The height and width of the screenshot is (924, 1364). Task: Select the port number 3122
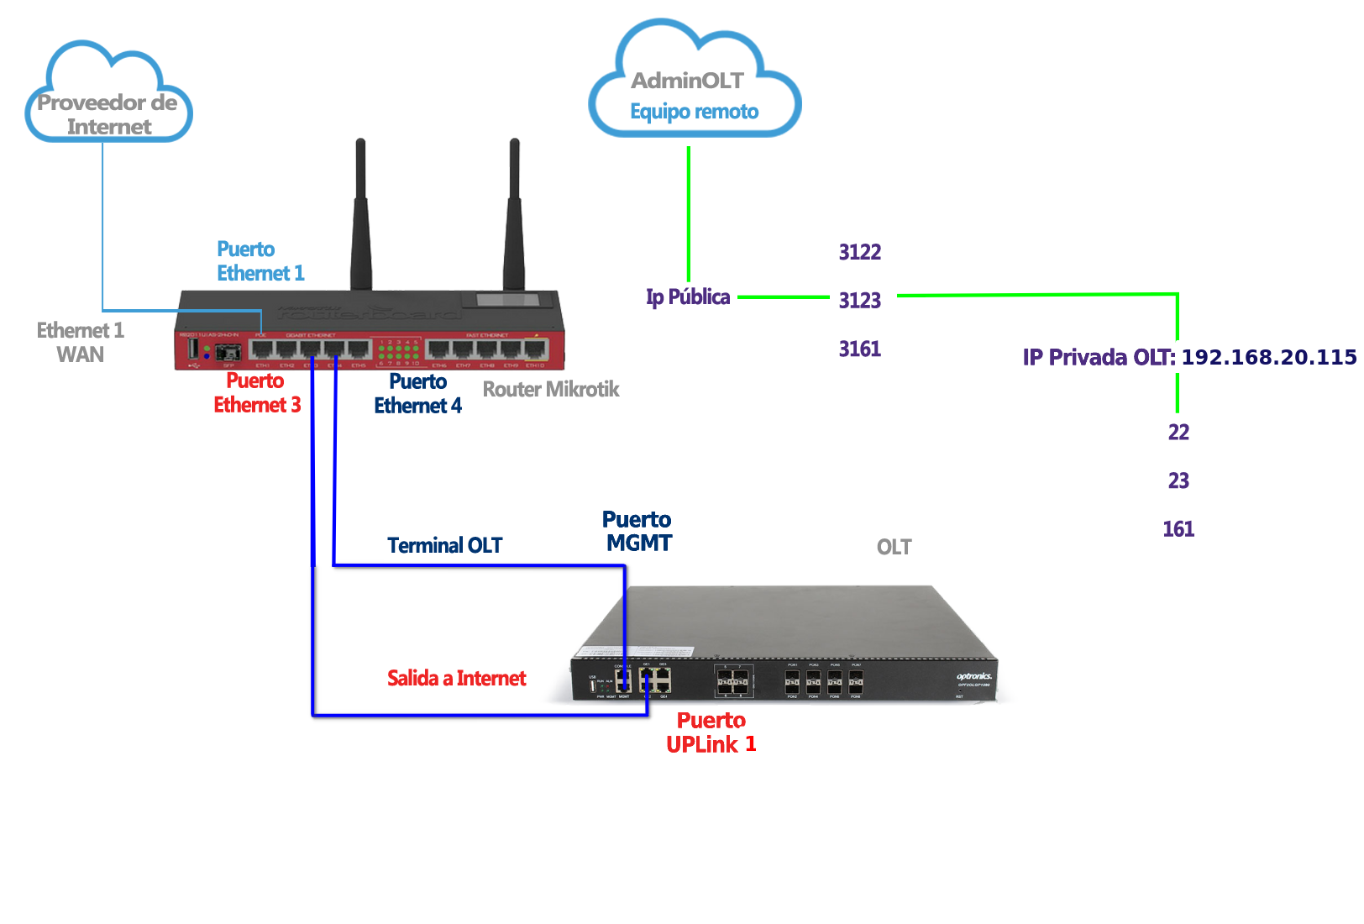pyautogui.click(x=860, y=252)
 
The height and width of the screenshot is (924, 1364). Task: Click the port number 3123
pyautogui.click(x=860, y=300)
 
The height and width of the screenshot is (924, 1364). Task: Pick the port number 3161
pyautogui.click(x=860, y=349)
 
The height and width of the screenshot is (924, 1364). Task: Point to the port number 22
pyautogui.click(x=1178, y=432)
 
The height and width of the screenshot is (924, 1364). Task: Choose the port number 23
pyautogui.click(x=1178, y=480)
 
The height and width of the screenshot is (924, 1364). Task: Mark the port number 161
pyautogui.click(x=1178, y=528)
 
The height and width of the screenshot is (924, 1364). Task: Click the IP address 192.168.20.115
pyautogui.click(x=1268, y=357)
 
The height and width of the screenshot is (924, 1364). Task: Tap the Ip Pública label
pyautogui.click(x=688, y=297)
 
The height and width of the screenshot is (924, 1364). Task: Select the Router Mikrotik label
pyautogui.click(x=551, y=389)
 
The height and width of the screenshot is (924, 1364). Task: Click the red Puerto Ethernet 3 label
pyautogui.click(x=257, y=392)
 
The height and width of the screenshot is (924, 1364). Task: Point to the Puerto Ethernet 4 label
pyautogui.click(x=417, y=393)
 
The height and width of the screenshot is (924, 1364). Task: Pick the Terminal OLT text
pyautogui.click(x=444, y=545)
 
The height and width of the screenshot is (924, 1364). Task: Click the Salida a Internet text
pyautogui.click(x=456, y=678)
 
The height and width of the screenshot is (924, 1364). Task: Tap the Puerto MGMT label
pyautogui.click(x=638, y=531)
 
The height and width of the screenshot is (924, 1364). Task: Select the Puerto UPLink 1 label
pyautogui.click(x=711, y=732)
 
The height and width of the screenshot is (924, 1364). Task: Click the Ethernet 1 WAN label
pyautogui.click(x=81, y=342)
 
